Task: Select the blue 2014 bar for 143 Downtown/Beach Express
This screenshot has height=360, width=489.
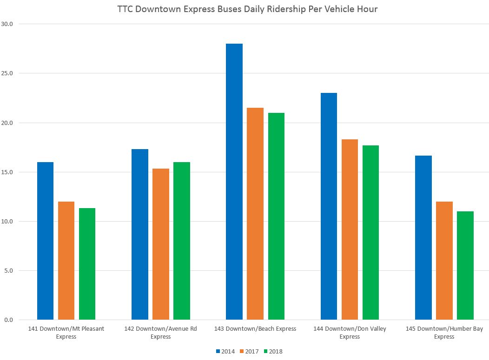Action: (x=234, y=182)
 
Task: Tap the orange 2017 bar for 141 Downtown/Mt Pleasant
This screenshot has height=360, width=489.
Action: (x=66, y=261)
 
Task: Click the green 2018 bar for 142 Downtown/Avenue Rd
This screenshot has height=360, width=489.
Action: (x=182, y=241)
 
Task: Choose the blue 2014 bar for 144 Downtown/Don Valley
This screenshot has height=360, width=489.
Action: (x=329, y=206)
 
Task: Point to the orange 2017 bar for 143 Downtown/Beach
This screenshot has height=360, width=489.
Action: (x=255, y=214)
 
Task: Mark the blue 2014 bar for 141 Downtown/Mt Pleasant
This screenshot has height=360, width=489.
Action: (x=46, y=241)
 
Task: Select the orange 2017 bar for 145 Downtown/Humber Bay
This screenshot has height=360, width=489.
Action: (x=444, y=261)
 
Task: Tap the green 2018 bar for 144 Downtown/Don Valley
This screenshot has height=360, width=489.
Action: (x=370, y=233)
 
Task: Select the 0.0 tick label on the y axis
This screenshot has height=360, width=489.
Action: (x=9, y=320)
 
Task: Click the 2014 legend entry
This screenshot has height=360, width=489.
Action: (x=225, y=351)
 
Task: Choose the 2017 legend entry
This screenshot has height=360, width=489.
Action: (x=249, y=351)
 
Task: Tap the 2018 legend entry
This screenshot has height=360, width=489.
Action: (x=272, y=351)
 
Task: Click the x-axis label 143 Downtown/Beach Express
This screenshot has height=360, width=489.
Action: (x=255, y=329)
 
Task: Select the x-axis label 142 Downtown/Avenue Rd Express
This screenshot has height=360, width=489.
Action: (x=161, y=333)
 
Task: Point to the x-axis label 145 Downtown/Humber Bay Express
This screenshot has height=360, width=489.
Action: (x=444, y=333)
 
